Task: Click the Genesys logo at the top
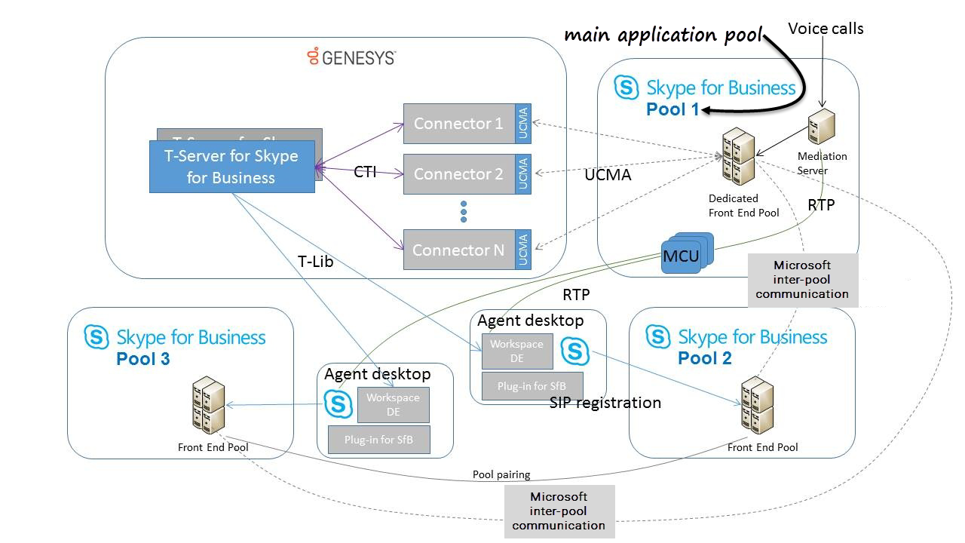point(351,57)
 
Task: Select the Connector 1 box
point(458,124)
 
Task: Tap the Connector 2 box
point(458,174)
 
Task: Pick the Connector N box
point(458,250)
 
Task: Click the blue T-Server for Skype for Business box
point(231,167)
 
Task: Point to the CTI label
point(365,172)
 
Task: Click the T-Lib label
point(315,262)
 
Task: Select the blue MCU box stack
point(683,255)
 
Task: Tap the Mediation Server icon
point(820,129)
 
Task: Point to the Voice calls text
point(826,29)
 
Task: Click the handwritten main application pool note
point(663,35)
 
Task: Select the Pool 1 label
point(672,109)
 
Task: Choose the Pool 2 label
point(705,357)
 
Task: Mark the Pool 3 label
point(143,359)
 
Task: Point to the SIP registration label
point(605,403)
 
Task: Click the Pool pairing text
point(501,474)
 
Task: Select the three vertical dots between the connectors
point(464,212)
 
